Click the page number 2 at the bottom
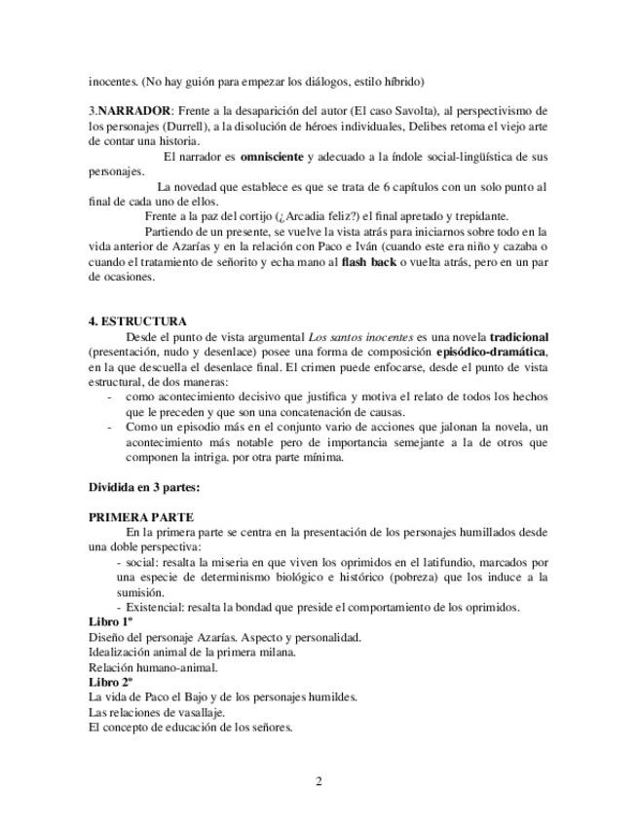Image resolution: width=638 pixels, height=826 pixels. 319,781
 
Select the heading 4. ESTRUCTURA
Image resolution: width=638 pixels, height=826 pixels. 137,321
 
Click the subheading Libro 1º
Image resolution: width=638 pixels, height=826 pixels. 110,622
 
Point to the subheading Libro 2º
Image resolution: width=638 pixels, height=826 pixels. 110,683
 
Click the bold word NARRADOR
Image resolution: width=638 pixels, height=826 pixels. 131,111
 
